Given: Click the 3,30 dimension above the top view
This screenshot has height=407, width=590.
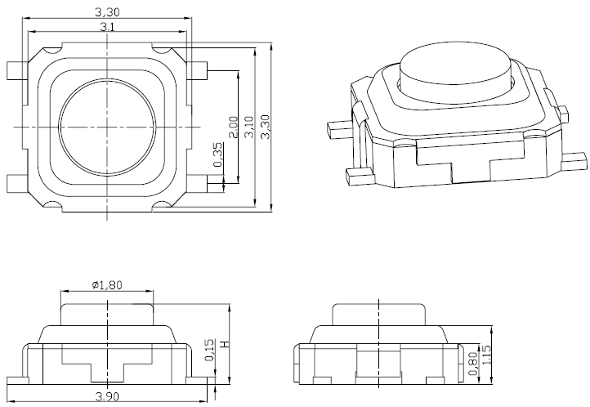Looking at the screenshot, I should pyautogui.click(x=107, y=12).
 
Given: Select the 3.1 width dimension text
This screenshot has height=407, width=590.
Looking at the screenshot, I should pyautogui.click(x=107, y=28).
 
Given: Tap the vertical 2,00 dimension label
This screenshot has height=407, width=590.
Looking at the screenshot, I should pyautogui.click(x=233, y=127).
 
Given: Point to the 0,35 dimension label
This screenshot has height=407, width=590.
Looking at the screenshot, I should pyautogui.click(x=217, y=155).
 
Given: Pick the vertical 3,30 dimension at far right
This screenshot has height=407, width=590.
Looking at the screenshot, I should pyautogui.click(x=264, y=127).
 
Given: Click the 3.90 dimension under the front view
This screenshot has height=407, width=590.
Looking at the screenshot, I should pyautogui.click(x=107, y=396).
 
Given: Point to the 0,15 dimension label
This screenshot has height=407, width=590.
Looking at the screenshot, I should pyautogui.click(x=209, y=350).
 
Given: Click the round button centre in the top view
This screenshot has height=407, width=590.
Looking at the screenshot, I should pyautogui.click(x=108, y=127).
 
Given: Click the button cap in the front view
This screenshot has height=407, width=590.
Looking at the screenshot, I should pyautogui.click(x=107, y=312).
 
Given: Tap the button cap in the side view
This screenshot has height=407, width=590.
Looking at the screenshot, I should pyautogui.click(x=378, y=314).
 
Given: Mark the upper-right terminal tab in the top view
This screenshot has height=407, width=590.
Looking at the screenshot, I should pyautogui.click(x=199, y=70).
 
